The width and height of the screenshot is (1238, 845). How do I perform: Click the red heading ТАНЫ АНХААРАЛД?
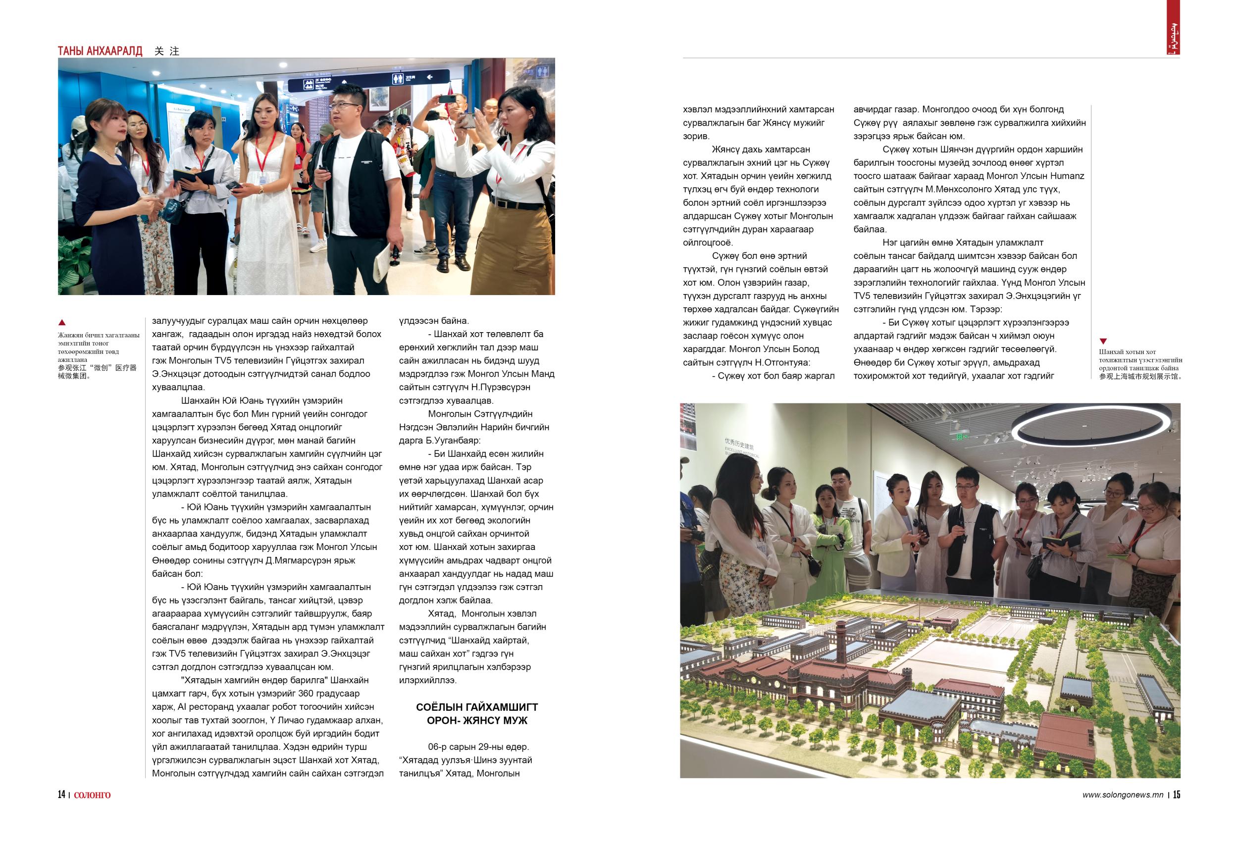point(100,51)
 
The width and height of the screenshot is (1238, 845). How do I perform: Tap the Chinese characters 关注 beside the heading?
point(167,51)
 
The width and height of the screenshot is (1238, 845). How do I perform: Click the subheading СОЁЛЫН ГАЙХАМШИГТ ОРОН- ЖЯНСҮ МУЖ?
point(477,713)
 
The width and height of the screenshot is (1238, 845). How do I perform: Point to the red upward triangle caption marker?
point(62,322)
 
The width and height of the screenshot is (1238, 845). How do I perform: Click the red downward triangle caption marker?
point(1103,341)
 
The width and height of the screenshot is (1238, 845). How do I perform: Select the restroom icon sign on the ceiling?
point(399,78)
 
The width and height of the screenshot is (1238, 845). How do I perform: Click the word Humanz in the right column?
point(1067,176)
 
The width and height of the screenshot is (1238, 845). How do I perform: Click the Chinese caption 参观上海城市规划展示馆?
point(1140,376)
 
